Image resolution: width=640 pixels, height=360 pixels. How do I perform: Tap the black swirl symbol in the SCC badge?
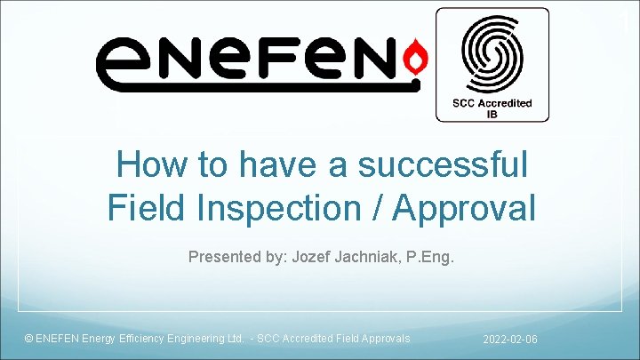[x=492, y=53]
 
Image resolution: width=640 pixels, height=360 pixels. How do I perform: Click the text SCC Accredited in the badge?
[x=492, y=103]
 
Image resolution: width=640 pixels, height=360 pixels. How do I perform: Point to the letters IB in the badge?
[x=492, y=114]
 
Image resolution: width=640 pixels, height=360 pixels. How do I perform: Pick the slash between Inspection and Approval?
[x=377, y=207]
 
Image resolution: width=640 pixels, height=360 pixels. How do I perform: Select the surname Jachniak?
[x=372, y=258]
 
